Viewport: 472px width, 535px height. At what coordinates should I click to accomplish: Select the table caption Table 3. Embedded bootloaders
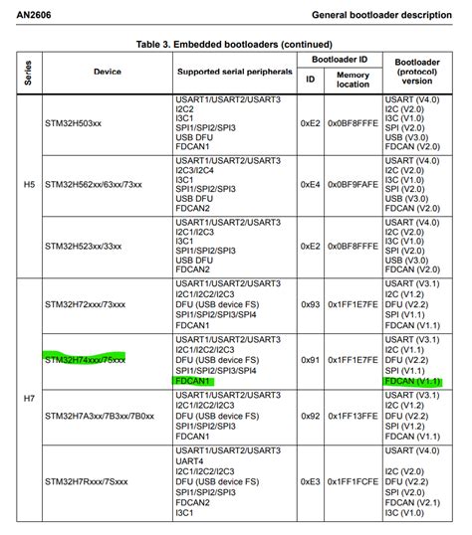coord(235,44)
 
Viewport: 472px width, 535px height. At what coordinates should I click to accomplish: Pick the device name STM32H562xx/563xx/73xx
coord(104,185)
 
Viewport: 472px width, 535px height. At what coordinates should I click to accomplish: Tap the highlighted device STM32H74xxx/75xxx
coord(85,359)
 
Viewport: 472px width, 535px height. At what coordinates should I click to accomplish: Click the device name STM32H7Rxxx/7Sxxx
coord(87,481)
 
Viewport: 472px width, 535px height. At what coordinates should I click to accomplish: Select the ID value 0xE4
coord(310,185)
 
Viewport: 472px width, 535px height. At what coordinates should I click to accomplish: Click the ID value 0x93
coord(310,304)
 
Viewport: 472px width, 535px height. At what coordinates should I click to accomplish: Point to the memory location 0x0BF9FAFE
coord(353,185)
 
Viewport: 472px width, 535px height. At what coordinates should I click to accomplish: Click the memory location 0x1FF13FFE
coord(353,419)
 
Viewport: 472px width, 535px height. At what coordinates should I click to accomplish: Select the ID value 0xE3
coord(310,481)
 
